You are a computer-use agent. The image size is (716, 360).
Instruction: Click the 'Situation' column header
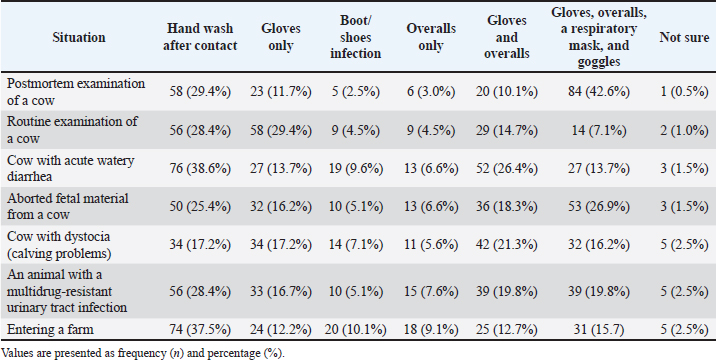(x=79, y=37)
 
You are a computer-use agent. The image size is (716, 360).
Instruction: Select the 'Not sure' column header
(x=684, y=37)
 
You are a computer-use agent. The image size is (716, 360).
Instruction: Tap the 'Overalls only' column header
(x=431, y=37)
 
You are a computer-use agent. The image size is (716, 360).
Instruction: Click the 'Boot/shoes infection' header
(x=356, y=37)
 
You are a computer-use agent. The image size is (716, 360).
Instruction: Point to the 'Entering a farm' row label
(x=50, y=329)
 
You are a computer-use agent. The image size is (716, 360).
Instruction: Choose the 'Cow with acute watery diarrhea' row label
(x=70, y=168)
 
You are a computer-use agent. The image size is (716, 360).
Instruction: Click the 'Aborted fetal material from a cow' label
(x=68, y=206)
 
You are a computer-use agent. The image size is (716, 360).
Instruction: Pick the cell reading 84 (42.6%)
(x=598, y=92)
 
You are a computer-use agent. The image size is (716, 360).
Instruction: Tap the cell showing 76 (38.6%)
(x=200, y=169)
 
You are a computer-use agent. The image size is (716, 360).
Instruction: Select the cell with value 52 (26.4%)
(x=506, y=169)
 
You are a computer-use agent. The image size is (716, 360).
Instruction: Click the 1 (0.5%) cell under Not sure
(x=684, y=92)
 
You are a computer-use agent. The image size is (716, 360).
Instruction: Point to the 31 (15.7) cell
(x=598, y=330)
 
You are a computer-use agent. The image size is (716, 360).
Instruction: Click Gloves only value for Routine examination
(x=281, y=131)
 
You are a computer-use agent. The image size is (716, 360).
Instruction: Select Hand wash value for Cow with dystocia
(x=200, y=244)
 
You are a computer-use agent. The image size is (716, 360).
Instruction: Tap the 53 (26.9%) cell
(x=598, y=206)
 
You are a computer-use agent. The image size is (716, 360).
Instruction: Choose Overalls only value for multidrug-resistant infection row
(x=431, y=291)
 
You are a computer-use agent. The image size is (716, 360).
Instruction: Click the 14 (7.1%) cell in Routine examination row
(x=598, y=131)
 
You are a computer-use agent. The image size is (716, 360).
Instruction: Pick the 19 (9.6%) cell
(x=356, y=169)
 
